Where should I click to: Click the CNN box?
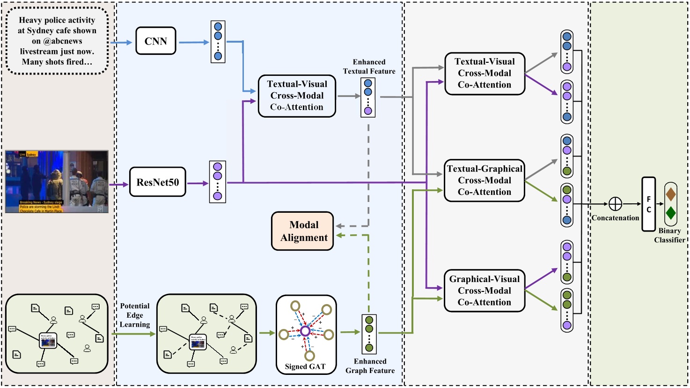(156, 41)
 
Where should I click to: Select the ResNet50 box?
(157, 182)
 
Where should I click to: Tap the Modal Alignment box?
(303, 231)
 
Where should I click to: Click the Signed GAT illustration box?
(306, 334)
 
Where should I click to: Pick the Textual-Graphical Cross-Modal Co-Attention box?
(484, 180)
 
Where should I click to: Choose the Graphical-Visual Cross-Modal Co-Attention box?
(484, 291)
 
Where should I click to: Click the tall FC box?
(648, 204)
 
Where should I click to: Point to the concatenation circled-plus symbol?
(615, 204)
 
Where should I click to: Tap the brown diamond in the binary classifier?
(670, 194)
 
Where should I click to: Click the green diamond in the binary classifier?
(670, 213)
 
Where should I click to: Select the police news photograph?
(57, 182)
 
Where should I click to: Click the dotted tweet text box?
(57, 41)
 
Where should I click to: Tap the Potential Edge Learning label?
(135, 315)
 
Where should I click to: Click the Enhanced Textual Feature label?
(369, 67)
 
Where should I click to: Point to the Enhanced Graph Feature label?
(370, 366)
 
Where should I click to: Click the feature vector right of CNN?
(218, 42)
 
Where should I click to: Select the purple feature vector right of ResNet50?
(217, 182)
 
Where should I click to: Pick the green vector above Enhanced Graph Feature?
(369, 334)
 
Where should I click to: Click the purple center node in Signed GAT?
(305, 331)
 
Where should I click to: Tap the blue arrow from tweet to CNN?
(122, 43)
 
